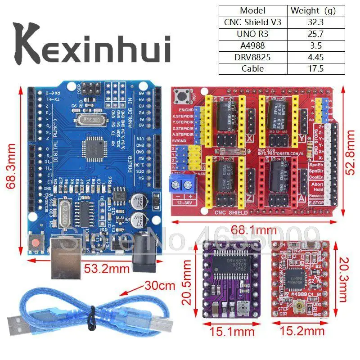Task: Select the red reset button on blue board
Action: [36, 243]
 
